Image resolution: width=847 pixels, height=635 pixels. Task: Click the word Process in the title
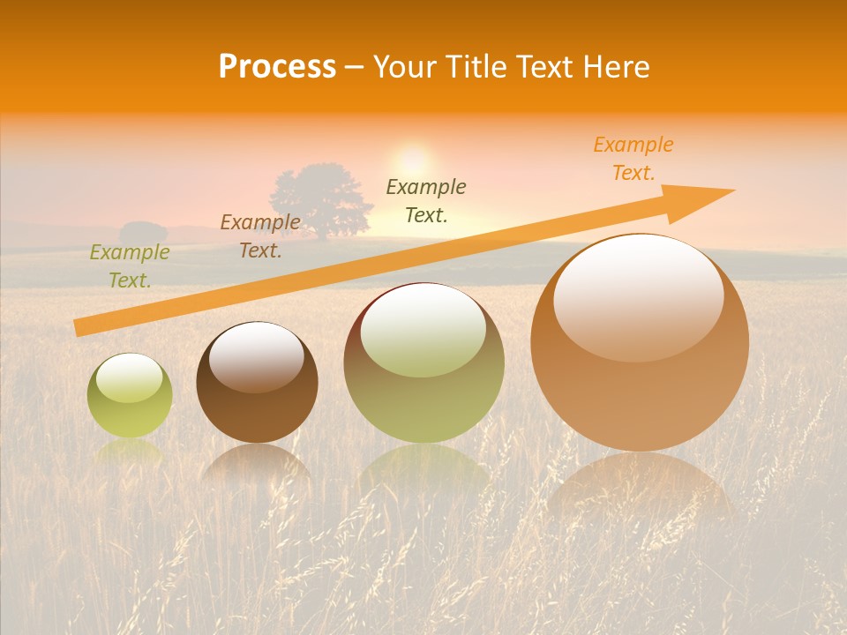tap(277, 67)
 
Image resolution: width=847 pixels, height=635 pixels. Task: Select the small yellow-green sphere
tap(130, 396)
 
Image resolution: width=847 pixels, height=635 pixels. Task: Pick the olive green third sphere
tap(423, 363)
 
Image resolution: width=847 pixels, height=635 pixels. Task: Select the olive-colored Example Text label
tap(130, 266)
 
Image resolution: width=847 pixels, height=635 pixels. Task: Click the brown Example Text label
tap(260, 235)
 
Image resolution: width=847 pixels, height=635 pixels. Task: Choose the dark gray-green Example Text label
tap(426, 200)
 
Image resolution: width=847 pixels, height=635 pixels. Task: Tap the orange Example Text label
tap(633, 159)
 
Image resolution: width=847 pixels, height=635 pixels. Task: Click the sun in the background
tap(412, 161)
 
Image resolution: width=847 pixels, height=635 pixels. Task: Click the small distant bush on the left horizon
tap(143, 233)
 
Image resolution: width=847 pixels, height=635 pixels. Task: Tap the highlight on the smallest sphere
tap(129, 377)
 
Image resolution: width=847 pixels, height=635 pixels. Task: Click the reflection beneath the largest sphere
tap(640, 489)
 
